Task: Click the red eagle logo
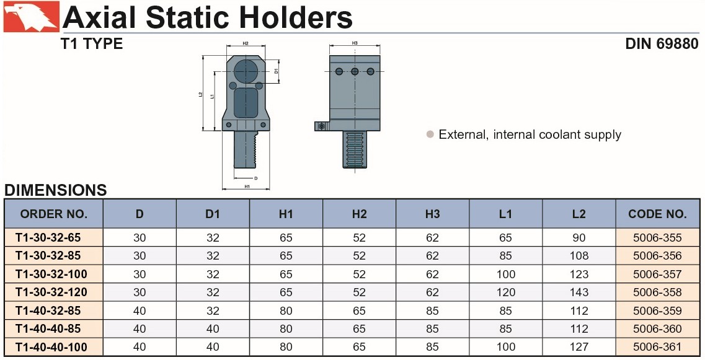tap(32, 17)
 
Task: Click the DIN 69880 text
tap(662, 43)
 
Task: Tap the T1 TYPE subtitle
tap(92, 43)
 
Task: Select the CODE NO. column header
tap(657, 214)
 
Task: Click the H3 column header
tap(433, 214)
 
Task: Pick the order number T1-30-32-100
tap(51, 274)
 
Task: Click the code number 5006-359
tap(657, 310)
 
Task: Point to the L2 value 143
tap(579, 292)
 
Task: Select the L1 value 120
tap(506, 292)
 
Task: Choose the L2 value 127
tap(579, 347)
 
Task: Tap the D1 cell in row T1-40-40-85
tap(213, 328)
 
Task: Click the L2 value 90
tap(579, 238)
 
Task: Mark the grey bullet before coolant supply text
tap(430, 134)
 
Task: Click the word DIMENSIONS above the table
tap(56, 190)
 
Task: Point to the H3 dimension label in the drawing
tap(355, 43)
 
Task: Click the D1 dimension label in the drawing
tap(276, 71)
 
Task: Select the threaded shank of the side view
tap(355, 149)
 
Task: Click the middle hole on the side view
tap(355, 71)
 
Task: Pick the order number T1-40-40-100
tap(51, 347)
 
